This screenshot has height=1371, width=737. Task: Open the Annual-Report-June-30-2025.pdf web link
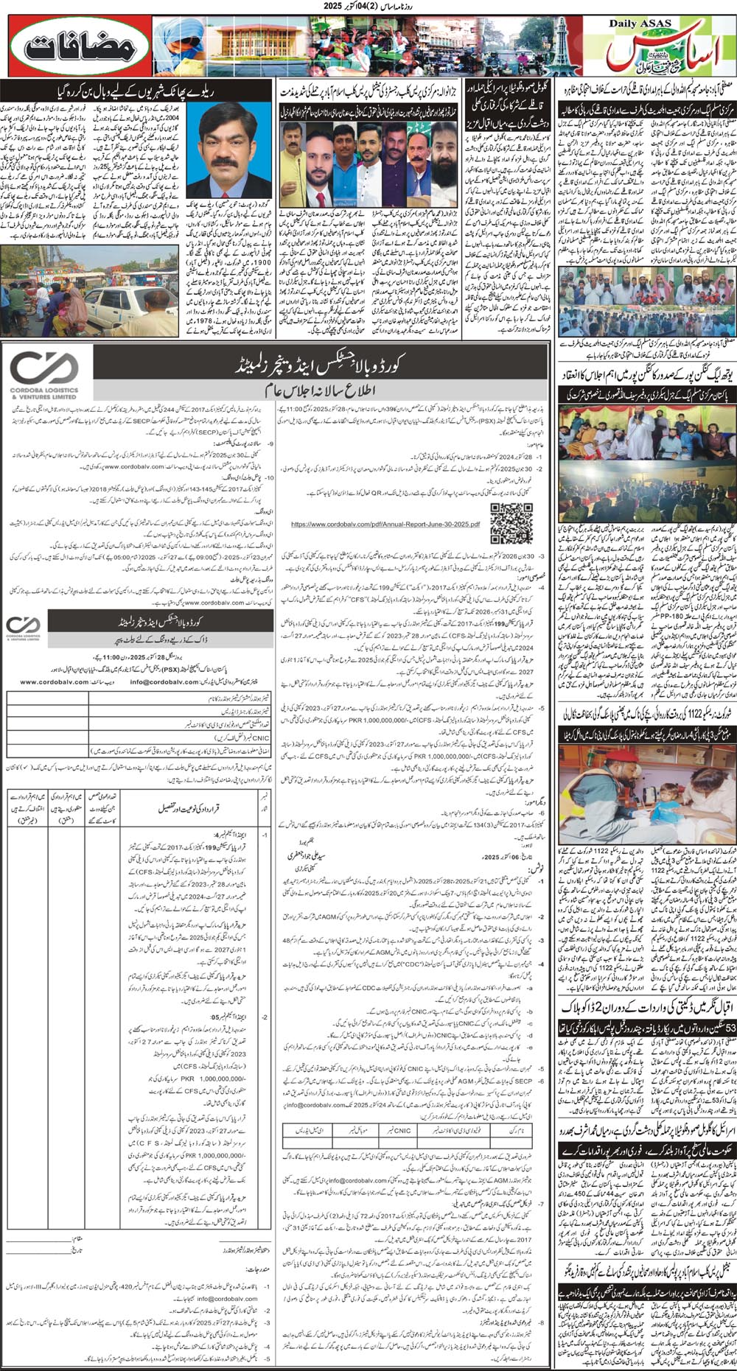(x=385, y=525)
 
